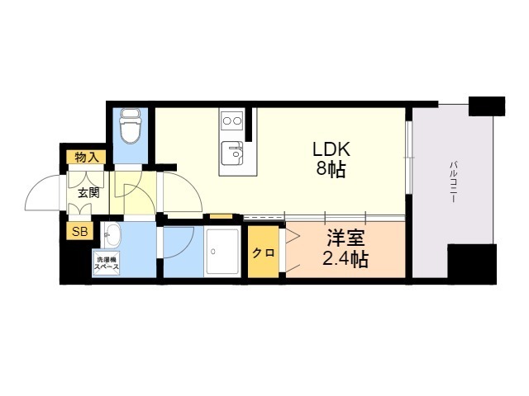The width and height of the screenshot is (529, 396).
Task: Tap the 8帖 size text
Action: pos(331,169)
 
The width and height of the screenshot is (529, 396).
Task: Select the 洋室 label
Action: pos(346,239)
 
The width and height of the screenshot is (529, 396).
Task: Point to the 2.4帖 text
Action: pos(346,259)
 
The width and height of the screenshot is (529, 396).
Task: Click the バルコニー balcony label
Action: pos(454,182)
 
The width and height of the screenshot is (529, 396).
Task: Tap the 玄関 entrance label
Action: pos(88,193)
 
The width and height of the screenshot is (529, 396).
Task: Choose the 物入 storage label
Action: pos(86,157)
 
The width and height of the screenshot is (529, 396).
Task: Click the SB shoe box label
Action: pos(80,231)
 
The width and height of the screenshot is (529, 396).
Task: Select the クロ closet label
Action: pos(264,252)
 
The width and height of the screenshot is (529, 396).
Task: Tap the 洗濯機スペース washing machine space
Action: pos(106,263)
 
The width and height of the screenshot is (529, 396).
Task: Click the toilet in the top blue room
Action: pos(131,125)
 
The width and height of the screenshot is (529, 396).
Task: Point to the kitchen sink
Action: pos(232,153)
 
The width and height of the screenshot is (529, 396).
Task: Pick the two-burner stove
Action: pos(231,120)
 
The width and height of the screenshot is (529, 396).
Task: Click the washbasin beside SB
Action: pos(111,235)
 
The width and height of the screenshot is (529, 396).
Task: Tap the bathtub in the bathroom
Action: pos(222,252)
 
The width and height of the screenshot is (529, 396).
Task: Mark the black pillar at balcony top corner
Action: pos(487,106)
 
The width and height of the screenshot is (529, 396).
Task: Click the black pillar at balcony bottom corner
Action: pos(472,265)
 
